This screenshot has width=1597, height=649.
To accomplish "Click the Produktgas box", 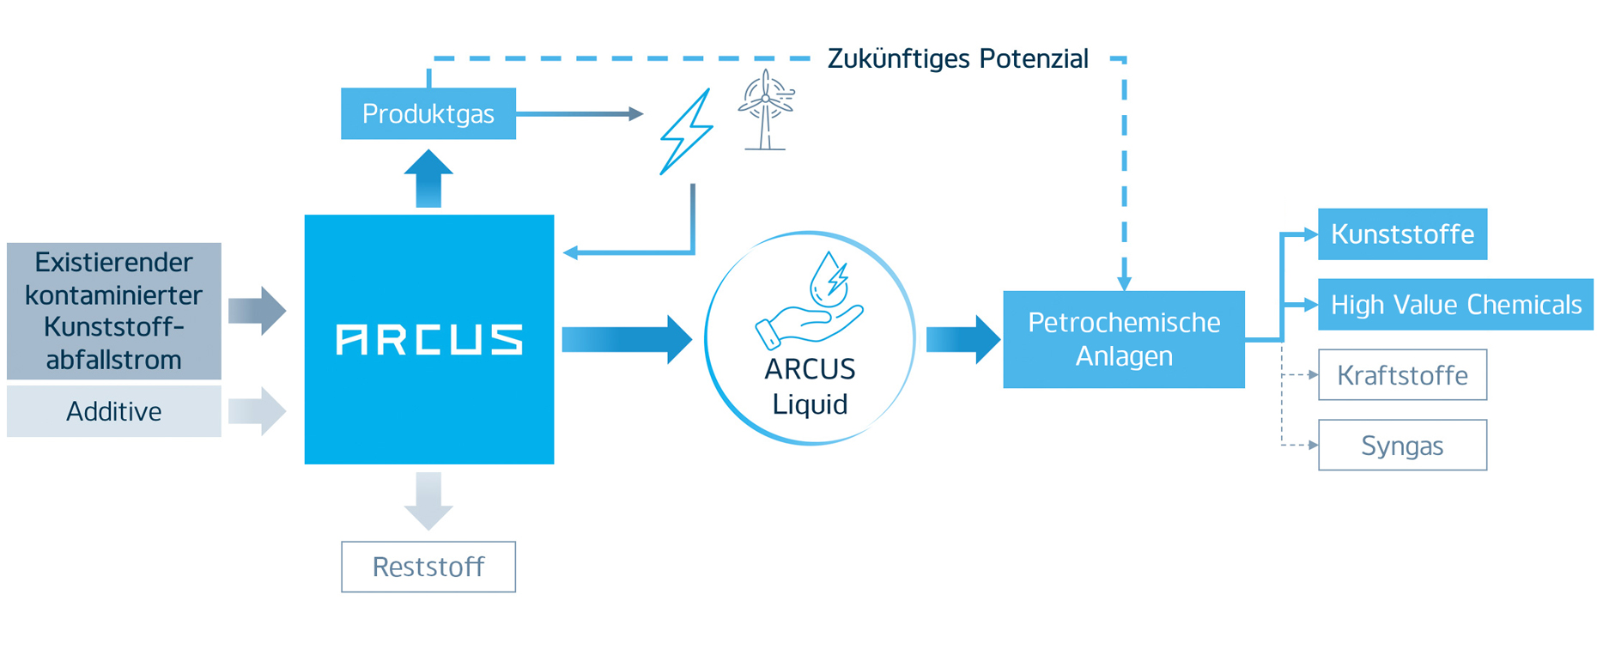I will click(428, 113).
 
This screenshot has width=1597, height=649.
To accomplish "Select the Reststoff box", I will click(428, 567).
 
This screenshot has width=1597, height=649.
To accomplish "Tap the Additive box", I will click(113, 411).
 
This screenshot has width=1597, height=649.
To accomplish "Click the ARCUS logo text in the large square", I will click(428, 340).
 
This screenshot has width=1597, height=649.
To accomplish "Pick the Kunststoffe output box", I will click(1401, 234).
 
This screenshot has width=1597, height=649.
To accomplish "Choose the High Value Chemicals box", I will click(1454, 305).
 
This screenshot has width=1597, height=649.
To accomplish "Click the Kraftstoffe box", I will click(1401, 375).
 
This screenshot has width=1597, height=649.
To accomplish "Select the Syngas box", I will click(1401, 446).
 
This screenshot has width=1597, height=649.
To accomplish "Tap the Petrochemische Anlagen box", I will click(1123, 339).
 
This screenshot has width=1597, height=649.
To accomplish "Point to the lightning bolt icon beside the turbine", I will click(686, 132).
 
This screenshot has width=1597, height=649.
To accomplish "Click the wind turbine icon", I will click(765, 110).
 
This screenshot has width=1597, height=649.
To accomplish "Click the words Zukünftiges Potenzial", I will click(957, 58).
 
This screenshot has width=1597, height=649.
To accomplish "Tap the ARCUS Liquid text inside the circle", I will click(810, 386).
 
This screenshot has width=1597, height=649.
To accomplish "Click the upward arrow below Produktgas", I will click(428, 179).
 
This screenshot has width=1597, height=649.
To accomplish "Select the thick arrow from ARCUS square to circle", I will click(627, 340).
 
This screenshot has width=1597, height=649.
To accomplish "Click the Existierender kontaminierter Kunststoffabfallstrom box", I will click(113, 311).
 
